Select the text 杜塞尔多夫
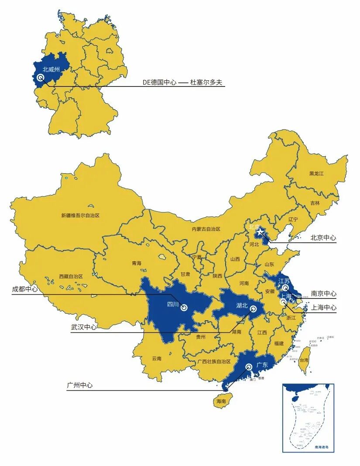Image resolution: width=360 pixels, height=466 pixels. click(207, 82)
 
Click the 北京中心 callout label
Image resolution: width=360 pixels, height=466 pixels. click(323, 238)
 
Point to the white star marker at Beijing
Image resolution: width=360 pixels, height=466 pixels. click(261, 232)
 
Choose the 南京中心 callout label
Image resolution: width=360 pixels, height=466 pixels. click(323, 294)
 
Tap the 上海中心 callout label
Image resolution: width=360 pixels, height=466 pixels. click(323, 307)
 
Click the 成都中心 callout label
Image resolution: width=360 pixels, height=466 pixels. click(25, 289)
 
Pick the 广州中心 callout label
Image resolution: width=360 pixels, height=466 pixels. click(80, 385)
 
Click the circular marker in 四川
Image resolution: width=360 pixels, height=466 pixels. click(184, 308)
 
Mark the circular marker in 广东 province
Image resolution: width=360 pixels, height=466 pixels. click(249, 367)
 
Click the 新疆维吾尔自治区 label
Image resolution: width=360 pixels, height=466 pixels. click(80, 215)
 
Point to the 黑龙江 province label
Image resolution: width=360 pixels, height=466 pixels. click(316, 173)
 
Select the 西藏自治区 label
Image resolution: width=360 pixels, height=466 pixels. click(71, 276)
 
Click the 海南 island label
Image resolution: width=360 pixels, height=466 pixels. click(221, 401)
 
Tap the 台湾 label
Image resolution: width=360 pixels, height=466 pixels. click(304, 360)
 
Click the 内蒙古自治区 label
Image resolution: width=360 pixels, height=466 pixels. click(206, 229)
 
